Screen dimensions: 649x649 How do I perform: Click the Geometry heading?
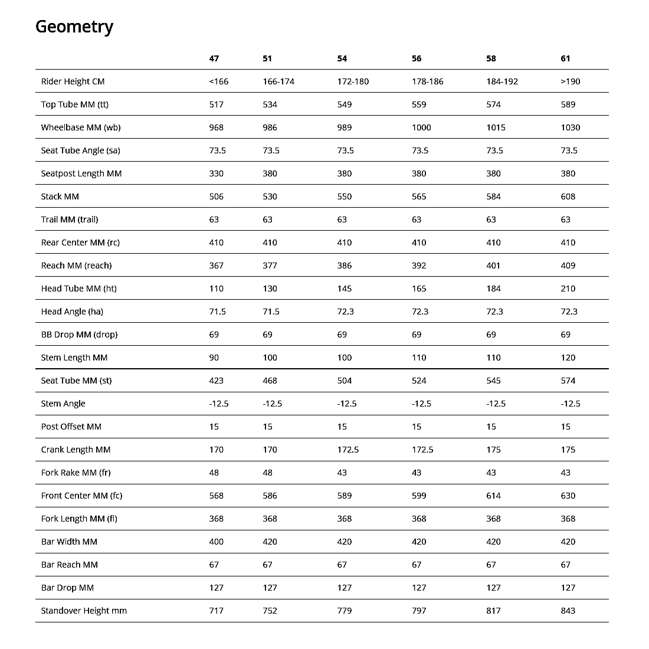pyautogui.click(x=74, y=27)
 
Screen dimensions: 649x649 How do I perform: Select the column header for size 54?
pyautogui.click(x=342, y=58)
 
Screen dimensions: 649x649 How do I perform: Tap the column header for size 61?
pyautogui.click(x=565, y=58)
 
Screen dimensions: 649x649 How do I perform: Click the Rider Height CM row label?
pyautogui.click(x=73, y=81)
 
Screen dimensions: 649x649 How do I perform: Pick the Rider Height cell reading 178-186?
pyautogui.click(x=427, y=81)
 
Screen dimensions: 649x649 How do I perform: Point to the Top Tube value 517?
pyautogui.click(x=217, y=104)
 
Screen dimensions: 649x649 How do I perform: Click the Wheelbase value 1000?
pyautogui.click(x=421, y=127)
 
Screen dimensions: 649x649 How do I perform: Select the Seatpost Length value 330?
pyautogui.click(x=217, y=173)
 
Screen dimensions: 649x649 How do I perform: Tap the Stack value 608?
pyautogui.click(x=568, y=196)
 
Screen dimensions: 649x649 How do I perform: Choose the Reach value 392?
pyautogui.click(x=419, y=265)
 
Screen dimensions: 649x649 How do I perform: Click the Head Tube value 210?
pyautogui.click(x=568, y=289)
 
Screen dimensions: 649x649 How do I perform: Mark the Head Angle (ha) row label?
pyautogui.click(x=72, y=312)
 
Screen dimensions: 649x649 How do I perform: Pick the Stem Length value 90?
pyautogui.click(x=214, y=358)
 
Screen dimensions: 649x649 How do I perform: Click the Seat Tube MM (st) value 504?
pyautogui.click(x=345, y=381)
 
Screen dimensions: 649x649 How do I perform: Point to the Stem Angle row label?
pyautogui.click(x=63, y=404)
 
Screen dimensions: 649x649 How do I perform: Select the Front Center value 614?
pyautogui.click(x=493, y=496)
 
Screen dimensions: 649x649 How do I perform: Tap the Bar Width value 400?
pyautogui.click(x=217, y=542)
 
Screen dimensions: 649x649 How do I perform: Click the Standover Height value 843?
pyautogui.click(x=568, y=611)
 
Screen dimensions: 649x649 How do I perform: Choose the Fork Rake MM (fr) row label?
pyautogui.click(x=76, y=473)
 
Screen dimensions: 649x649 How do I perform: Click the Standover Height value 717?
pyautogui.click(x=217, y=611)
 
